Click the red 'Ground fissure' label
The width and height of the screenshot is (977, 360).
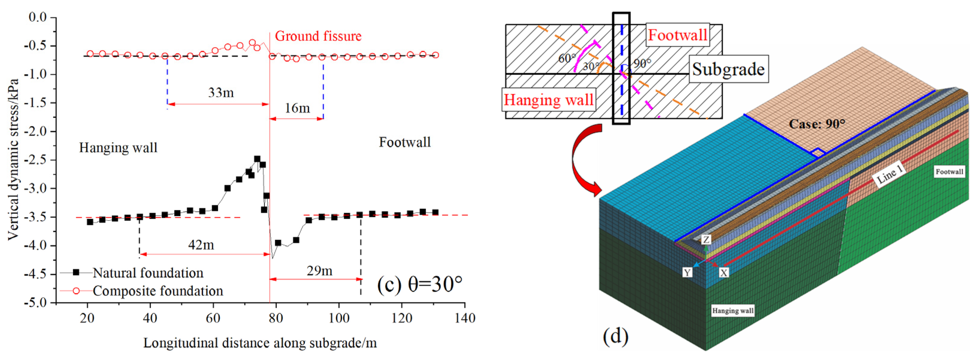coord(318,36)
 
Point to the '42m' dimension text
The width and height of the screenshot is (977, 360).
coord(201,245)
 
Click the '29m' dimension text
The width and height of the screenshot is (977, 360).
coord(319,271)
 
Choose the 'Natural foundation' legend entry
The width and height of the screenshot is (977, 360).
coord(147,273)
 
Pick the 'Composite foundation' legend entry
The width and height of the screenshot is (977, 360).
coord(157,291)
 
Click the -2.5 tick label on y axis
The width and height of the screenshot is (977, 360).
coord(35,160)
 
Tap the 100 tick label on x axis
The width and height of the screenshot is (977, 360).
coord(339,318)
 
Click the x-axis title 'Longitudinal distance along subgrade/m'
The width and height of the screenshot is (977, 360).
coord(260,343)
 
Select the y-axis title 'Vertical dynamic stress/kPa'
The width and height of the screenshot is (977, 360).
coord(13,159)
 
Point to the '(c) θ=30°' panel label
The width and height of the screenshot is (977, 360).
coord(419,284)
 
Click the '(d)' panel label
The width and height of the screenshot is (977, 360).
coord(615,335)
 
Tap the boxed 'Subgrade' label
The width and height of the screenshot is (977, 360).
coord(728,69)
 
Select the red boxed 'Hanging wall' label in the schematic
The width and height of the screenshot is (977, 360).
coord(548,100)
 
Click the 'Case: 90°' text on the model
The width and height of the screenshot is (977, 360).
coord(817,124)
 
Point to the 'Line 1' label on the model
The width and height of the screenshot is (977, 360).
coord(889,175)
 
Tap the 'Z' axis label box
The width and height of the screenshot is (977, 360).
coord(706,239)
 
